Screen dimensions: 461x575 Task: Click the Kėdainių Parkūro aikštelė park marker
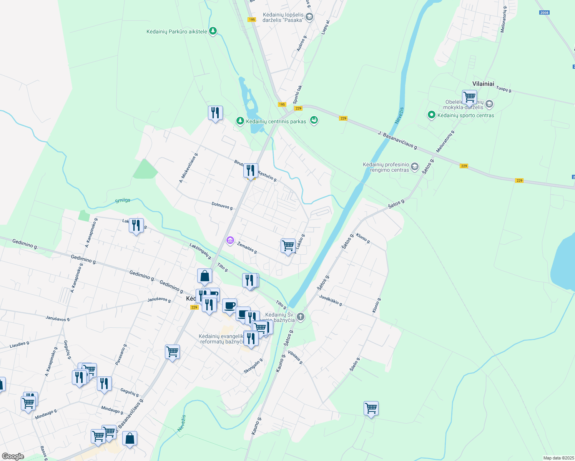pos(213,31)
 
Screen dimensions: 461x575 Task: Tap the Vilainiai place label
pos(483,84)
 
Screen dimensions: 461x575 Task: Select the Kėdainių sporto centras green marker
pos(431,115)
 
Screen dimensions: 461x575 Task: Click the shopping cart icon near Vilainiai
pos(469,97)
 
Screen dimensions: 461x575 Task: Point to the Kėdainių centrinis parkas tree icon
pos(240,121)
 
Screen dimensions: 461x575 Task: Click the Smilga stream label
pos(123,201)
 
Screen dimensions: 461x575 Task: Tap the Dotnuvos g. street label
pos(223,206)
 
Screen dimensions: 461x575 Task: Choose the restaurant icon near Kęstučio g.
pos(251,170)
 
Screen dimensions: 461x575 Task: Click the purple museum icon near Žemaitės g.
pos(230,241)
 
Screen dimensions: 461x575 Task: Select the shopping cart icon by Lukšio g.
pos(288,245)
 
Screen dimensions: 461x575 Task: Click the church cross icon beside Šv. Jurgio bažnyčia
pos(301,317)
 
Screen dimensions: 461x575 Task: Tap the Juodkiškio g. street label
pos(331,300)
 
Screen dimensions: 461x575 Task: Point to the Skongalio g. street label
pos(253,366)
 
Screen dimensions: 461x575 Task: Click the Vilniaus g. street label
pos(296,357)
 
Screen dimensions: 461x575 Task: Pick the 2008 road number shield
pos(544,13)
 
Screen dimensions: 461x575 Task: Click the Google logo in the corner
pos(13,456)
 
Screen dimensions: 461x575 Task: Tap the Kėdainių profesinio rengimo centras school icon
pos(414,167)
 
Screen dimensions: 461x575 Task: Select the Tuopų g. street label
pos(504,89)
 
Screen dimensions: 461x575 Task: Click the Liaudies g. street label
pos(20,345)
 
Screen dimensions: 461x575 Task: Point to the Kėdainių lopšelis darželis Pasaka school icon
pos(309,17)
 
